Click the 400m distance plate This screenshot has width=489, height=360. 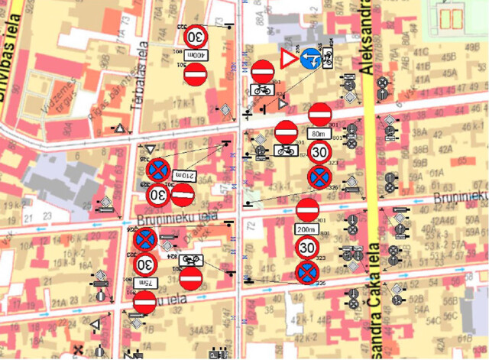(196, 56)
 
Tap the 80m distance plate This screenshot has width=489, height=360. (319, 134)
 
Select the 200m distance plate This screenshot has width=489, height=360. (307, 229)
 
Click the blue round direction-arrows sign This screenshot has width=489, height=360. (310, 58)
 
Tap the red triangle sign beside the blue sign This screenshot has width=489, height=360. (288, 59)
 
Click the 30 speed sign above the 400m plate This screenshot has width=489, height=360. (196, 36)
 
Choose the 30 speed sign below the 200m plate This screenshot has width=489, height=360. (307, 248)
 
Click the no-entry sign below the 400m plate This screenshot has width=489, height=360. (196, 75)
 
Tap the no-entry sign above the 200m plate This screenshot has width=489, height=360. (307, 209)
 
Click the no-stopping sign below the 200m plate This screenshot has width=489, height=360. (307, 271)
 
